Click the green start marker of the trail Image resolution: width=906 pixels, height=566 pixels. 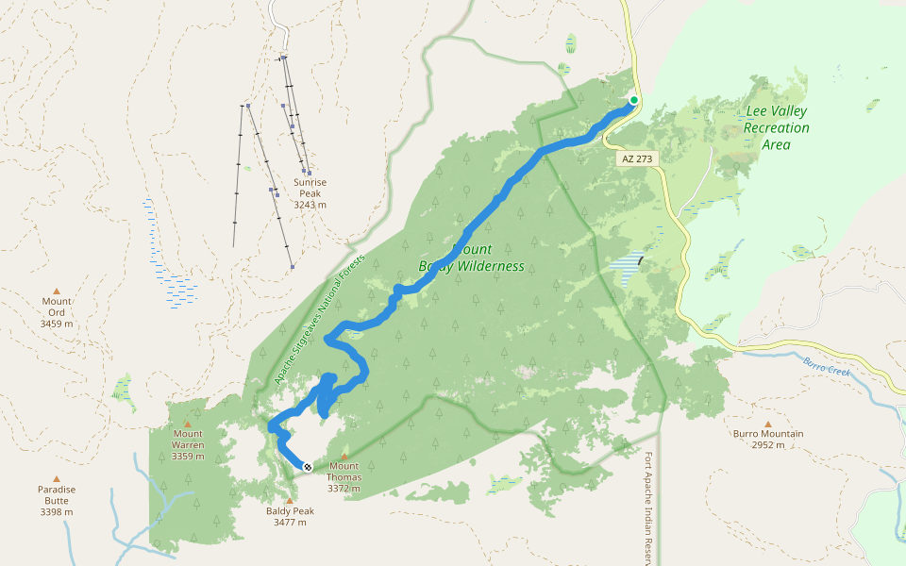(x=634, y=100)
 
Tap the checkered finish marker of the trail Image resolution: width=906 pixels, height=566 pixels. (x=307, y=466)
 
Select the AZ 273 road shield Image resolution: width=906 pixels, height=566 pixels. (x=637, y=159)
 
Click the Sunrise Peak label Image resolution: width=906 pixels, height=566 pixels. (x=310, y=187)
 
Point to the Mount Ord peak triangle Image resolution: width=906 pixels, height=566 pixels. (x=56, y=291)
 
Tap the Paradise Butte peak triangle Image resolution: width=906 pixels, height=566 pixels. (x=56, y=478)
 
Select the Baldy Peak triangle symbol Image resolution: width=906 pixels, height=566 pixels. (x=289, y=500)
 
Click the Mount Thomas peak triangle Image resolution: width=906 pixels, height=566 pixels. (x=344, y=455)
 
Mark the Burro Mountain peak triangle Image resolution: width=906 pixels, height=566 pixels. (x=767, y=424)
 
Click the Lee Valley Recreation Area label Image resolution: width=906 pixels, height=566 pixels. (x=777, y=127)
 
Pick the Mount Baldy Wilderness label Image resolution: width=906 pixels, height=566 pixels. (x=471, y=258)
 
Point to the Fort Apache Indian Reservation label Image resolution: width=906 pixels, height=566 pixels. (x=648, y=509)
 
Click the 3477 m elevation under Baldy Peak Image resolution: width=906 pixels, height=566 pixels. (x=290, y=523)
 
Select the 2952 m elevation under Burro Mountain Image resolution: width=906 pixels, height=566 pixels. (x=767, y=445)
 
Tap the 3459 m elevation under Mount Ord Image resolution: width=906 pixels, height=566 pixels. (x=56, y=324)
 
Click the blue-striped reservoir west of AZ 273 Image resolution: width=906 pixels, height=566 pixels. (x=626, y=262)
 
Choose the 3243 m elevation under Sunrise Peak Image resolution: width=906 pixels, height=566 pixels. (x=310, y=204)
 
